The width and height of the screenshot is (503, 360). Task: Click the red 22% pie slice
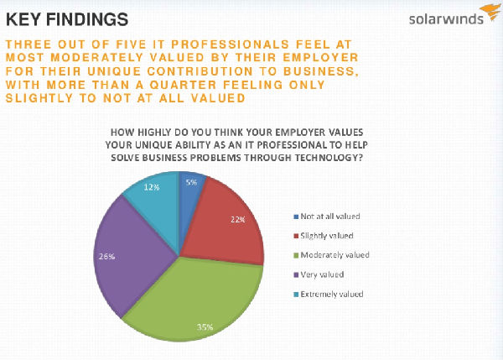click(x=221, y=227)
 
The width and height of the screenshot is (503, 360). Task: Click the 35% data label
click(x=205, y=326)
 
